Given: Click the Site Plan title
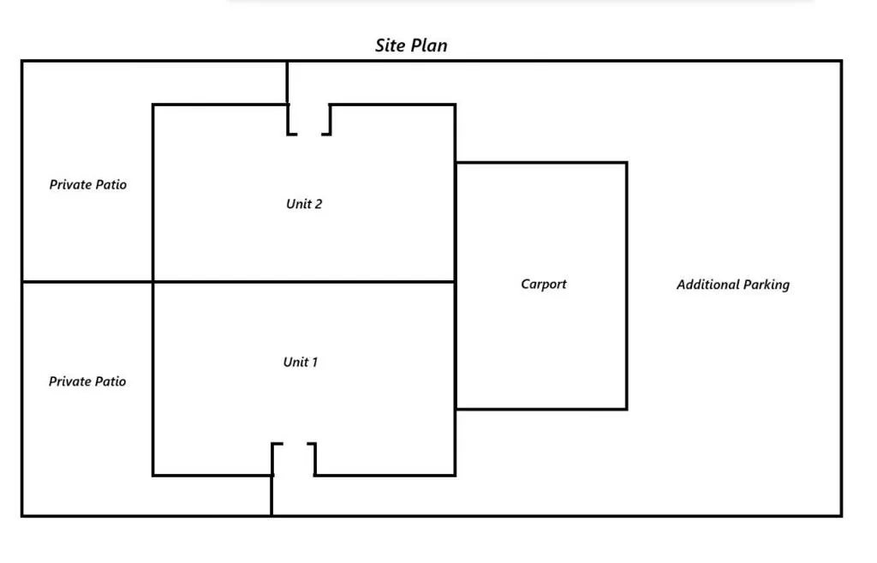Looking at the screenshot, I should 411,45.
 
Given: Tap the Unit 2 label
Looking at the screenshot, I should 304,204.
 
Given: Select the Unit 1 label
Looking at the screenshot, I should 301,362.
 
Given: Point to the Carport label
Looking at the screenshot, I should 544,284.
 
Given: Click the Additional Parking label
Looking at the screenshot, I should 733,284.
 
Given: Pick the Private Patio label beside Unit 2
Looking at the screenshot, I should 88,184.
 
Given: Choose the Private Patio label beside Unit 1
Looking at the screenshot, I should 87,381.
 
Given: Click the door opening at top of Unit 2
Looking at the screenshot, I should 309,120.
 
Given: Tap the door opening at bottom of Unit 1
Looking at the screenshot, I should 294,459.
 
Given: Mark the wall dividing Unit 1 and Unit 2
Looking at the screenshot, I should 304,282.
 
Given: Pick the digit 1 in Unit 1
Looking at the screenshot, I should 314,362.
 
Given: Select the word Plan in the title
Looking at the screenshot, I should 431,45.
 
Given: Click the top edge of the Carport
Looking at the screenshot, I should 541,163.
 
